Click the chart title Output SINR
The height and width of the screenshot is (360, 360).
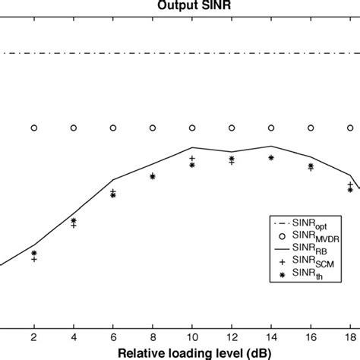[x=179, y=5]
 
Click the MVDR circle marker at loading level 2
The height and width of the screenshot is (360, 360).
[x=33, y=128]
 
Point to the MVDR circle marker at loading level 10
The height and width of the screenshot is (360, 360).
[x=192, y=128]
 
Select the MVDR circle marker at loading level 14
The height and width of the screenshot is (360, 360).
[x=271, y=128]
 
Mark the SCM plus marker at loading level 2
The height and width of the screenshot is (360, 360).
[x=33, y=259]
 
